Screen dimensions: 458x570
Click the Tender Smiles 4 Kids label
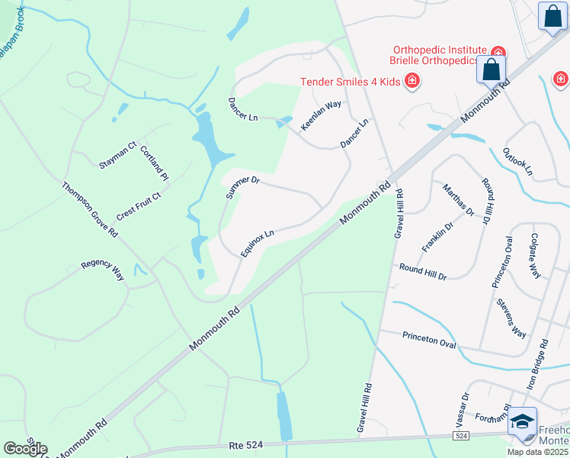351,81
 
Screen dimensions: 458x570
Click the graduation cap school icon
523,421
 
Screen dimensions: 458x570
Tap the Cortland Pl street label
154,163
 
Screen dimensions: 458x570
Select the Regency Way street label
103,270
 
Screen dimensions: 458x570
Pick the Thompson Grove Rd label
90,208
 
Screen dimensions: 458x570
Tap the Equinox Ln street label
257,243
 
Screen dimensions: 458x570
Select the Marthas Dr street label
459,199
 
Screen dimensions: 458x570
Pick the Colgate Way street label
535,255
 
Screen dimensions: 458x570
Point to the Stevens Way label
511,318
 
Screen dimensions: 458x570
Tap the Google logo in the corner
25,449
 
